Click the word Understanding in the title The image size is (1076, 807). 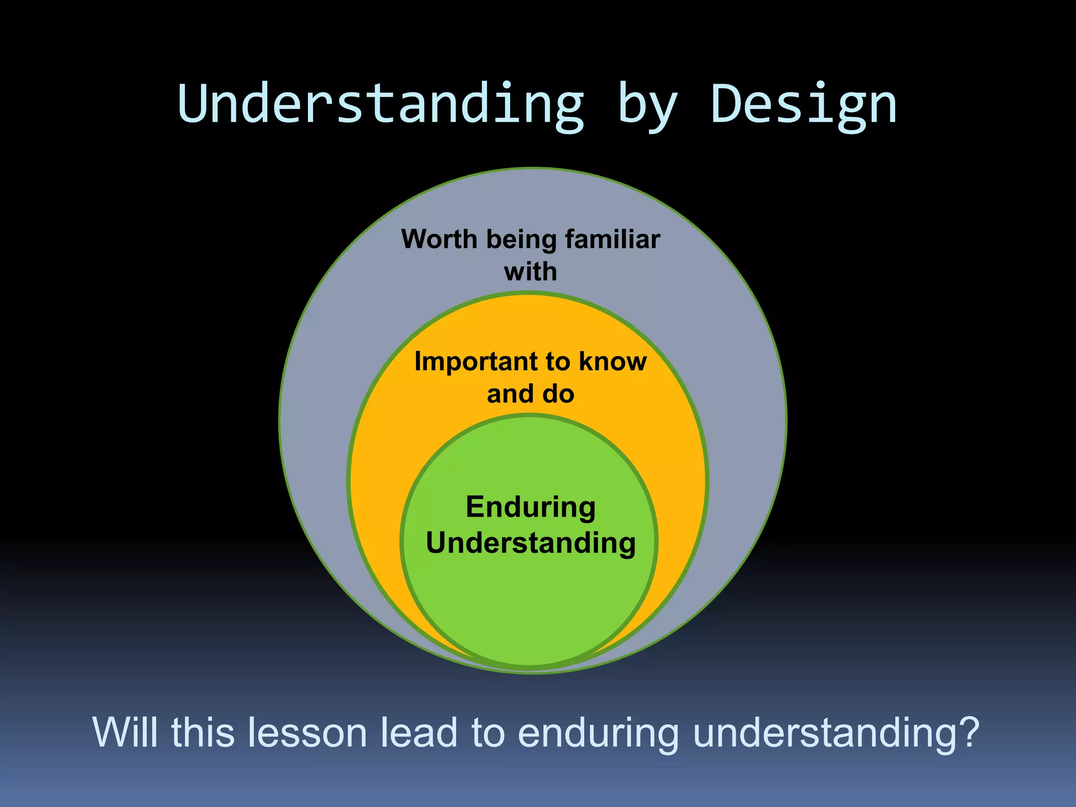pyautogui.click(x=381, y=105)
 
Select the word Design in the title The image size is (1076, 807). pyautogui.click(x=804, y=105)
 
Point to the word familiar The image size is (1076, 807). pyautogui.click(x=612, y=239)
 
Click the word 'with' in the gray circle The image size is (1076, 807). pyautogui.click(x=530, y=272)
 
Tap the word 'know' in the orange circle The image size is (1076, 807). pyautogui.click(x=613, y=361)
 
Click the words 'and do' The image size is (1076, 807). pyautogui.click(x=530, y=394)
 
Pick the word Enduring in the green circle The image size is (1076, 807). pyautogui.click(x=531, y=508)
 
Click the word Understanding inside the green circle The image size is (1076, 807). pyautogui.click(x=531, y=543)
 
